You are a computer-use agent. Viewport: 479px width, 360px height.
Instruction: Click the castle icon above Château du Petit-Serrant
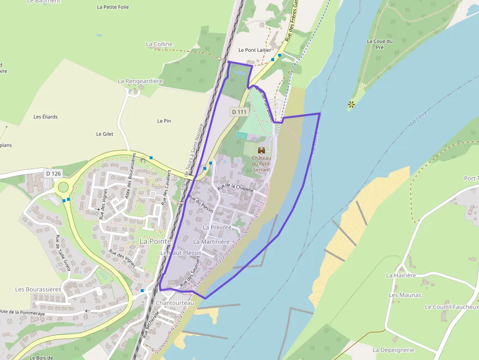coord(261,150)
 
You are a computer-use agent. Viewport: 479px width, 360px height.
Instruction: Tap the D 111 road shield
coord(239,112)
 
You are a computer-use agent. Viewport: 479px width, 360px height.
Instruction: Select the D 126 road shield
coord(53,173)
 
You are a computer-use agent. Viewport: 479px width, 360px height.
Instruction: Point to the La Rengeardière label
coord(140,81)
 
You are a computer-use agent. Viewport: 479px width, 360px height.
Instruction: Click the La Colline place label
coord(159,44)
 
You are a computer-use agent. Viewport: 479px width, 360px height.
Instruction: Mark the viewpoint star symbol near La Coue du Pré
coord(351,104)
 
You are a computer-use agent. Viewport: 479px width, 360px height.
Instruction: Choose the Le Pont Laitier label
coord(255,50)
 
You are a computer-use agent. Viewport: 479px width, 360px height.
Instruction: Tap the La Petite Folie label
coord(113,7)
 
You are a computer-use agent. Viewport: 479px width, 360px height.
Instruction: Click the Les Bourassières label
coord(38,289)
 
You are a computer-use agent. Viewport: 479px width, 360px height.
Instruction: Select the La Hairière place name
coord(401,275)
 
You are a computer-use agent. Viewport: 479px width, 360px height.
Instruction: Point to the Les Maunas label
coord(405,295)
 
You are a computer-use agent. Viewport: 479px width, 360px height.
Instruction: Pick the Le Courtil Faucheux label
coord(451,307)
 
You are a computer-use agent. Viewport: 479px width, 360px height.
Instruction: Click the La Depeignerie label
coord(393,350)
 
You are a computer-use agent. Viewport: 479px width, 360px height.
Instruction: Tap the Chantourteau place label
coord(175,303)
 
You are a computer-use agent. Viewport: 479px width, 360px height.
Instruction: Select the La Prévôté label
coord(217,228)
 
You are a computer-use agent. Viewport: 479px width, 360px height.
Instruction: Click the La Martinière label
coord(211,241)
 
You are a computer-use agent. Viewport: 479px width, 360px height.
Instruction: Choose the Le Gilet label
coord(105,134)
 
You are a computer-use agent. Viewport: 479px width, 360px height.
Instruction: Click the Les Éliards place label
coord(45,117)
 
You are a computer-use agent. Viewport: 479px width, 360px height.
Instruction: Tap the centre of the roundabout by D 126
coord(63,187)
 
